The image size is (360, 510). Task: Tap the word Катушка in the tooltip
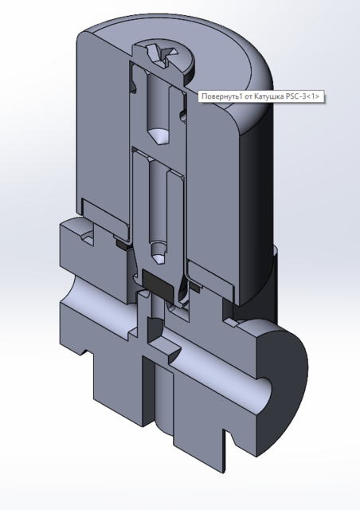pyautogui.click(x=274, y=96)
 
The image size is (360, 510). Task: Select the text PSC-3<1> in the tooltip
pyautogui.click(x=307, y=96)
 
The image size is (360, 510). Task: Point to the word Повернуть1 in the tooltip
pyautogui.click(x=223, y=96)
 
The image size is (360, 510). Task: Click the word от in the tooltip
pyautogui.click(x=252, y=96)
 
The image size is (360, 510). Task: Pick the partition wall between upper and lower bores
pyautogui.click(x=158, y=150)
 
